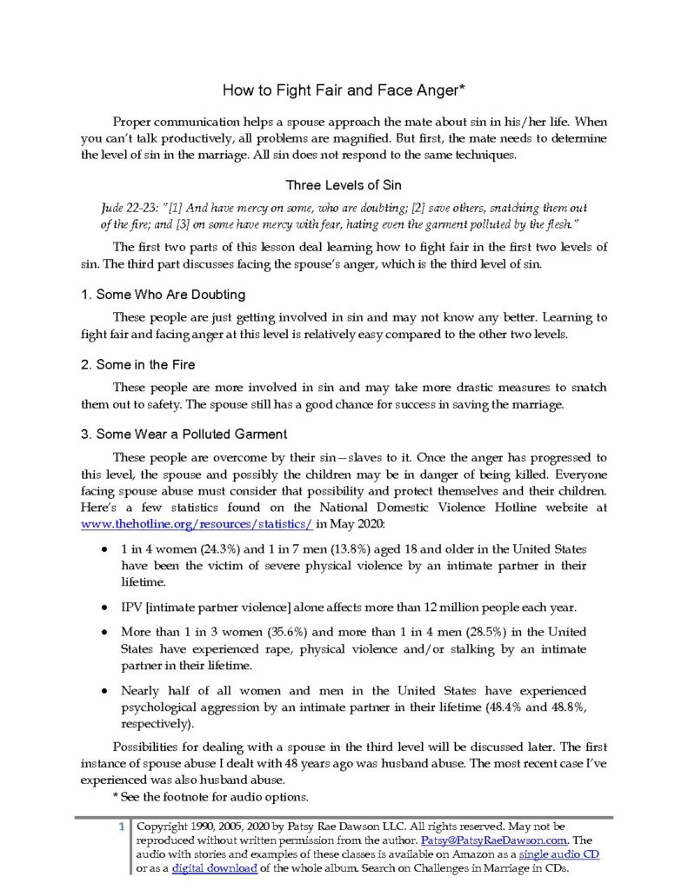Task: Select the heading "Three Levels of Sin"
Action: (344, 185)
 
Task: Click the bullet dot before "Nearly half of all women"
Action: (105, 690)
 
